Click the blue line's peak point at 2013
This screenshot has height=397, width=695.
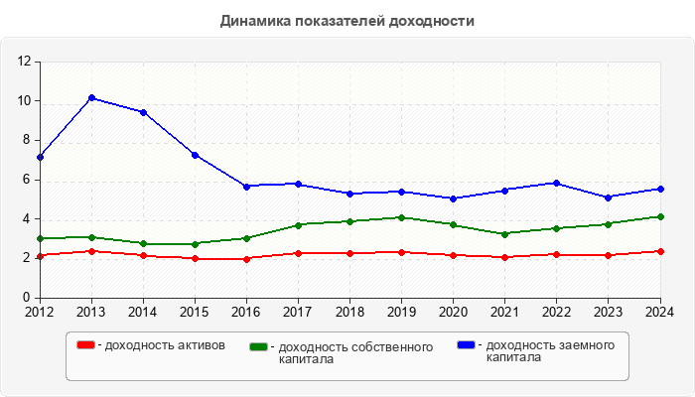[x=91, y=97]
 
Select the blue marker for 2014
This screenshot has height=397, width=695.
[x=143, y=112]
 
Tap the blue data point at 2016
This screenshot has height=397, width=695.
[x=246, y=187]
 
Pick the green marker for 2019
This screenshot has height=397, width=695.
[x=401, y=217]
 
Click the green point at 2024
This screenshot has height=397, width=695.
[x=660, y=216]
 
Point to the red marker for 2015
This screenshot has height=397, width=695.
[x=195, y=259]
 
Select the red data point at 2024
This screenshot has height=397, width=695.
[x=660, y=251]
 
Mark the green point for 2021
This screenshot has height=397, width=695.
[x=505, y=234]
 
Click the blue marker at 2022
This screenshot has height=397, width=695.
[x=557, y=183]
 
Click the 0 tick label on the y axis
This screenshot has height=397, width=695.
[x=30, y=298]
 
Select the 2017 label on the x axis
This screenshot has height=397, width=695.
[x=298, y=312]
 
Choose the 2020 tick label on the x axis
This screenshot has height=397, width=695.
[x=454, y=312]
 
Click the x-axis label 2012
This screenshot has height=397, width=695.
[x=40, y=312]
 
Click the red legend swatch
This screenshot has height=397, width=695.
[x=86, y=344]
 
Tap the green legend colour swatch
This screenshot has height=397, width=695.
[x=259, y=346]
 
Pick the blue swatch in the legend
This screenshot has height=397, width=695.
[x=466, y=344]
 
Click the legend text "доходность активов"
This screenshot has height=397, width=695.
[x=164, y=345]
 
